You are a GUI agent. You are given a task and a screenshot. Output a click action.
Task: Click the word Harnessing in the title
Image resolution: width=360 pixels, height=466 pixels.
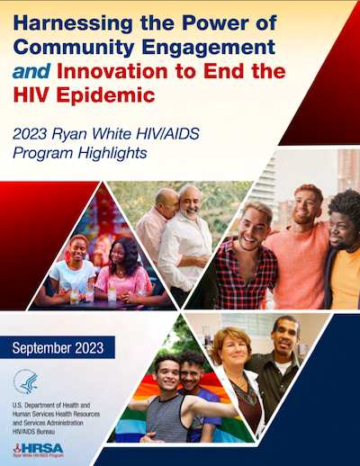click(x=73, y=23)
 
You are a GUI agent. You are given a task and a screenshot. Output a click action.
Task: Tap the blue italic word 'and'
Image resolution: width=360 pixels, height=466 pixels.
click(x=31, y=71)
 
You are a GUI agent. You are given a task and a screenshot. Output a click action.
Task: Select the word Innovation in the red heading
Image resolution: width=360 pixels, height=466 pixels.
click(x=112, y=71)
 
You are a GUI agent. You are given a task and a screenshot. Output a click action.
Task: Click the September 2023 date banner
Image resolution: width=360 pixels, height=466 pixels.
click(x=58, y=347)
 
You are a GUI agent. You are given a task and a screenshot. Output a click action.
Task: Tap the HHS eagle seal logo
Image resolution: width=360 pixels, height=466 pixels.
click(x=26, y=381)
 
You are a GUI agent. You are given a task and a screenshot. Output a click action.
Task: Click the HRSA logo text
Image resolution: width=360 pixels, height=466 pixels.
click(x=42, y=449)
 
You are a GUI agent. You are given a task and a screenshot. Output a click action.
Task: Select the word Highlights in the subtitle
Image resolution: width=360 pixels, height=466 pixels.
click(x=112, y=153)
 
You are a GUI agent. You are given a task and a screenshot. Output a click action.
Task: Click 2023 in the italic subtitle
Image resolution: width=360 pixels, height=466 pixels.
click(x=30, y=134)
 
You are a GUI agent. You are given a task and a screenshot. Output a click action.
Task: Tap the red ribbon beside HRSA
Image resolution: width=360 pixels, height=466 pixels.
click(x=17, y=448)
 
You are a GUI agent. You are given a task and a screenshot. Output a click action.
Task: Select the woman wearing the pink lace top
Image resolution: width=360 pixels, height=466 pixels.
click(x=122, y=270)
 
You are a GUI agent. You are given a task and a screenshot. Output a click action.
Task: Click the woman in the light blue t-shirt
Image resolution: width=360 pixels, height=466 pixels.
click(x=73, y=268)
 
